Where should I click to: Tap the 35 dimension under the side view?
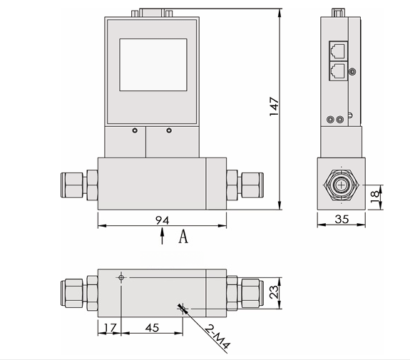(x=342, y=220)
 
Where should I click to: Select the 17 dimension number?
(x=109, y=328)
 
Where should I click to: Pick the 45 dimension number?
(x=152, y=328)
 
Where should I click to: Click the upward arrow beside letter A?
(x=163, y=236)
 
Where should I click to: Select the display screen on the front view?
(x=153, y=65)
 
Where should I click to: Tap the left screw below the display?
(x=134, y=130)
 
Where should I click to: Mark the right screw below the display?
(x=169, y=130)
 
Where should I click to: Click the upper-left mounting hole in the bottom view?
(x=122, y=277)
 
